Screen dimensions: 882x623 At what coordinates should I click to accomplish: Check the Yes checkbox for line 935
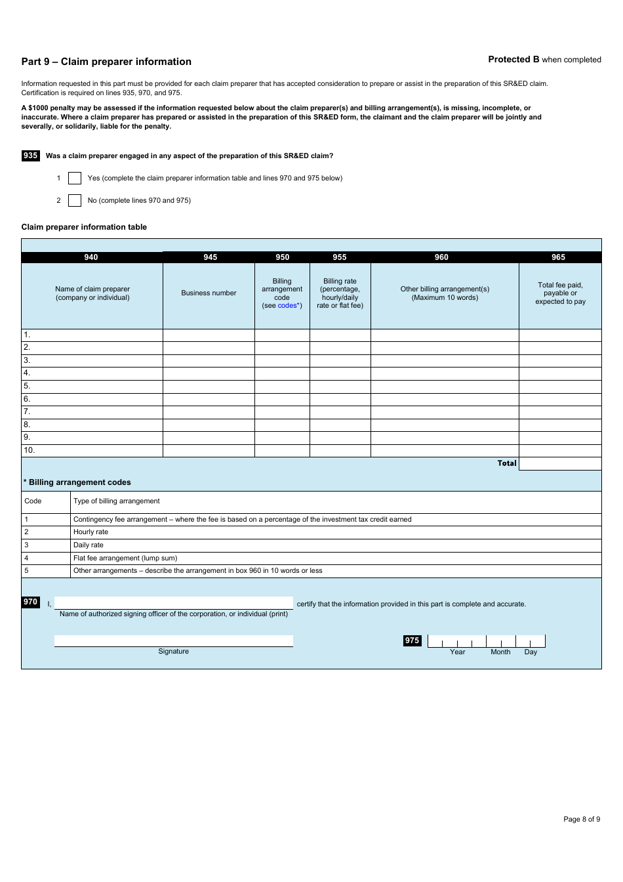coord(75,178)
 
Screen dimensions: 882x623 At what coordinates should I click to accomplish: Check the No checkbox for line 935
coord(75,201)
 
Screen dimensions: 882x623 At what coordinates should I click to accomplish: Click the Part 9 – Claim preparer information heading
coord(106,62)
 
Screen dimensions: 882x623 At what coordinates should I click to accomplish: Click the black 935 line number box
coord(31,156)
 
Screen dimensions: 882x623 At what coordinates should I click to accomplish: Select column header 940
coord(91,257)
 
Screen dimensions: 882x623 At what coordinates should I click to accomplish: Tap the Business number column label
coord(209,293)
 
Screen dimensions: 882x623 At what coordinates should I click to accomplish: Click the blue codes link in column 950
coord(287,306)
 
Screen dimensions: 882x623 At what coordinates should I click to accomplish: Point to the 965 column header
coord(559,257)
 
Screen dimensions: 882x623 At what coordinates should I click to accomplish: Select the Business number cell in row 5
coord(209,387)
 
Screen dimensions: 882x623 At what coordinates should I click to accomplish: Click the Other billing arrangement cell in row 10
coord(445,451)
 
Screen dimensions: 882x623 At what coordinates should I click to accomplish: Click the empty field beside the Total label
coord(560,464)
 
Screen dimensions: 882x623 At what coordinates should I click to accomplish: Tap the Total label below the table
coord(507,463)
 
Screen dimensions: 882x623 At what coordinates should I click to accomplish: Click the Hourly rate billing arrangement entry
coord(90,532)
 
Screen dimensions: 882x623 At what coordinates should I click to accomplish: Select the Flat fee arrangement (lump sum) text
coord(125,558)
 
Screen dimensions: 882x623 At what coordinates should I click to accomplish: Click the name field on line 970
coord(174,602)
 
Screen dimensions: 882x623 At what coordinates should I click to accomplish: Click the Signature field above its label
coord(174,640)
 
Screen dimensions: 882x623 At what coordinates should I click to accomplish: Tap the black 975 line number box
coord(412,640)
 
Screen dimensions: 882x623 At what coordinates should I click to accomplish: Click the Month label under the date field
coord(500,652)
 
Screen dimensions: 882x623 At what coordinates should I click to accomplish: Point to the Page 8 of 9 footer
coord(582,819)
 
